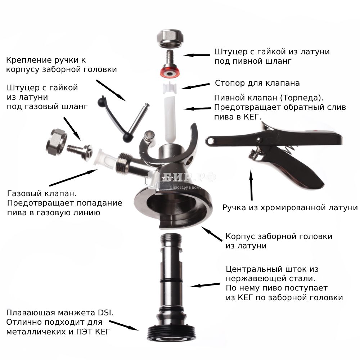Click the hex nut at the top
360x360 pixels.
point(170,39)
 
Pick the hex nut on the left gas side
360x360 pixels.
point(56,142)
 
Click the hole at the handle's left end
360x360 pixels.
point(210,141)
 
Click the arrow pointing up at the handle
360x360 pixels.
point(251,185)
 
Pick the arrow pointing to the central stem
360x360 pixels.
point(205,285)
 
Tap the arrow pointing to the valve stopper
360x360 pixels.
point(195,86)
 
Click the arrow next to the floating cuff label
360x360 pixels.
point(124,325)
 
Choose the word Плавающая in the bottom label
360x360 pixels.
point(31,313)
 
